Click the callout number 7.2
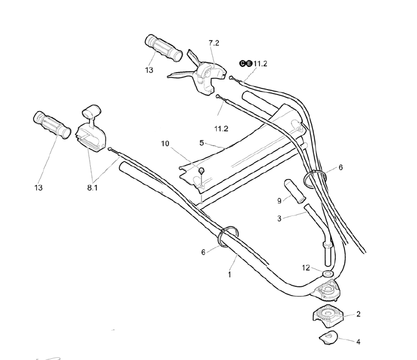[213, 43]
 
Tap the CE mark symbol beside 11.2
[245, 63]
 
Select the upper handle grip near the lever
[164, 47]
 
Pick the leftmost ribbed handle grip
[50, 124]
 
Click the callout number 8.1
[92, 188]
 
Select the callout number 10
[165, 144]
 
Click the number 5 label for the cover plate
[201, 142]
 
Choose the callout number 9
[279, 200]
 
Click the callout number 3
[279, 218]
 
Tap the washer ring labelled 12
[328, 274]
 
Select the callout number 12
[306, 268]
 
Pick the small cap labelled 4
[328, 338]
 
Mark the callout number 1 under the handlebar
[229, 274]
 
